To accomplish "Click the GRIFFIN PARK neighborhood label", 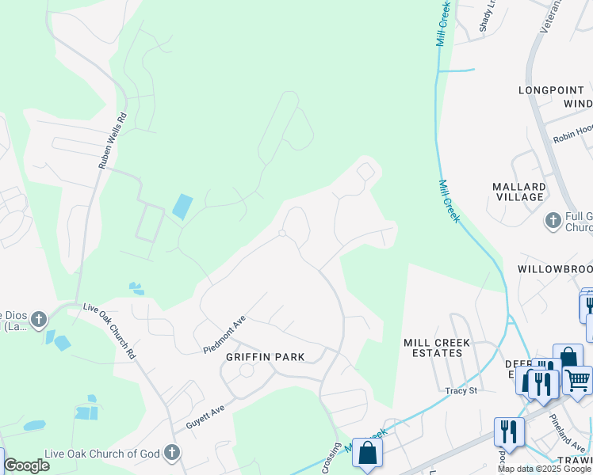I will click(x=265, y=357).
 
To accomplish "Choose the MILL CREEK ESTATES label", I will click(x=437, y=348).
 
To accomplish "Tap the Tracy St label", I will click(x=461, y=390).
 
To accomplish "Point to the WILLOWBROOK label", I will click(x=555, y=269).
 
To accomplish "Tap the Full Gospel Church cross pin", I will click(x=553, y=220).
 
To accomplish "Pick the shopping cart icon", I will click(x=577, y=380).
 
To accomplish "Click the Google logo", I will click(x=26, y=465).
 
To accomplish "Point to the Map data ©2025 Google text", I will click(x=544, y=469).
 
